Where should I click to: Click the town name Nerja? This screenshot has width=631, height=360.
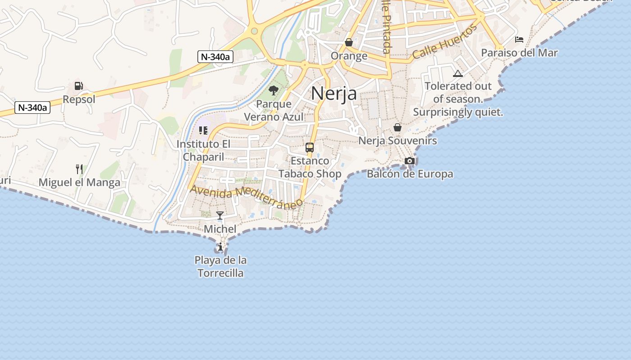click(334, 94)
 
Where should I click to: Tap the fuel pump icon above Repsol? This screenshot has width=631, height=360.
click(78, 86)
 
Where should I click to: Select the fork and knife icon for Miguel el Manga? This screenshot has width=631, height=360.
click(79, 169)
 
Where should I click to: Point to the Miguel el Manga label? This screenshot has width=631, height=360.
click(79, 182)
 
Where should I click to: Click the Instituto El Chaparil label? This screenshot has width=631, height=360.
click(203, 150)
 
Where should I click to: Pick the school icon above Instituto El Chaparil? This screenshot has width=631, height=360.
click(203, 130)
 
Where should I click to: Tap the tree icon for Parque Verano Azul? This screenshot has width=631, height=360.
click(273, 90)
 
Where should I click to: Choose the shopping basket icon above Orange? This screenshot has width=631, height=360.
click(349, 42)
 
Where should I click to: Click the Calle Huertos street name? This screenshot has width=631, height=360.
click(444, 42)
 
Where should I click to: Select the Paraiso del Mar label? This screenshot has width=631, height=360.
click(519, 53)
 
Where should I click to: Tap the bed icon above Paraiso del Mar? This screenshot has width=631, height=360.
click(519, 40)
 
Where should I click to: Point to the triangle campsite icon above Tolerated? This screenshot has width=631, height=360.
click(458, 73)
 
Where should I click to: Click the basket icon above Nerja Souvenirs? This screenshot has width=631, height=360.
click(398, 128)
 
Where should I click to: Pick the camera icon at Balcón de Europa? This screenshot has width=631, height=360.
click(410, 161)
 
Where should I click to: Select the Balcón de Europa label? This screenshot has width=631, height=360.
click(410, 174)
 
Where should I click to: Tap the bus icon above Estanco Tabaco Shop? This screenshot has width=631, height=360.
click(310, 147)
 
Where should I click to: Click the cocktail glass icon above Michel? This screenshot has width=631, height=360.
click(220, 216)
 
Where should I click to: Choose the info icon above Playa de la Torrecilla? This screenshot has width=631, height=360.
click(220, 247)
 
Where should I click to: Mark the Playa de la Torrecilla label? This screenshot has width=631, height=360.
click(220, 266)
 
